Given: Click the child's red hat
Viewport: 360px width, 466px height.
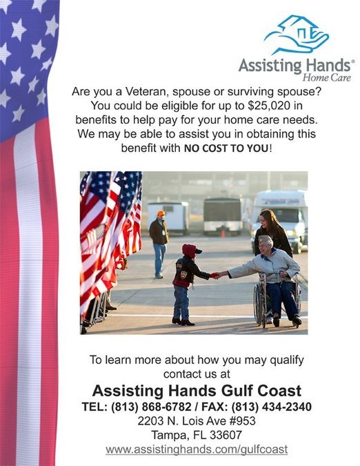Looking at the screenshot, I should pyautogui.click(x=190, y=251).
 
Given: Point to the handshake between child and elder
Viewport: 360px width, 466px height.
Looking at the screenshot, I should pyautogui.click(x=214, y=275).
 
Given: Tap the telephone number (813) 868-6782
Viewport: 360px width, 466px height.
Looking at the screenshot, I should pyautogui.click(x=156, y=407).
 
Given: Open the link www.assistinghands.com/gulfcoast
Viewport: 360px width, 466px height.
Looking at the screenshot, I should pyautogui.click(x=196, y=449).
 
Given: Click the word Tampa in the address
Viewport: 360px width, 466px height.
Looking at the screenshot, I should pyautogui.click(x=168, y=435).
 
